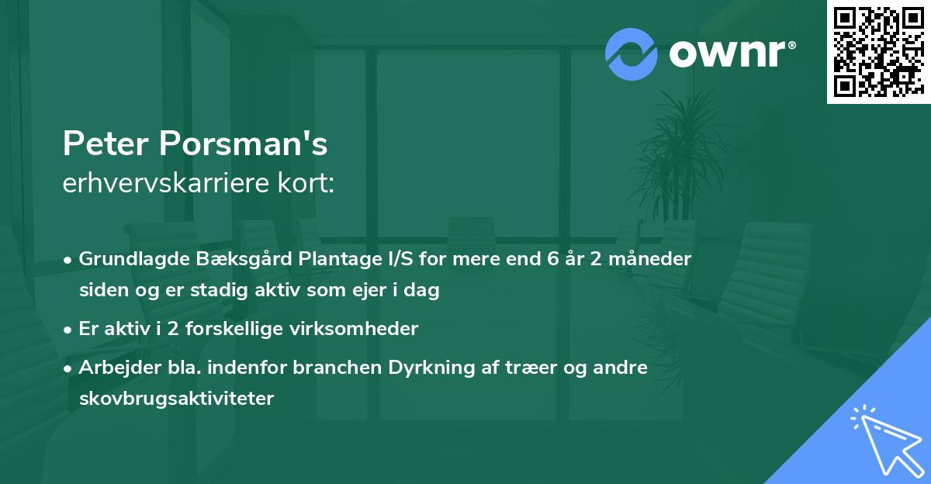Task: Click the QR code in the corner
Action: [879, 51]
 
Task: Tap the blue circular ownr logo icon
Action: [632, 54]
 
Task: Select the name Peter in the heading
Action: [106, 143]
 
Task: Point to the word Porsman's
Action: [244, 143]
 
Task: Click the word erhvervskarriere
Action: [171, 184]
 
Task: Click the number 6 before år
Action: [552, 258]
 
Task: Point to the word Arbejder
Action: [115, 368]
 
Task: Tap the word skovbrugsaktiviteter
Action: [176, 399]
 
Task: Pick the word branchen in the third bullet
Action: [333, 368]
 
